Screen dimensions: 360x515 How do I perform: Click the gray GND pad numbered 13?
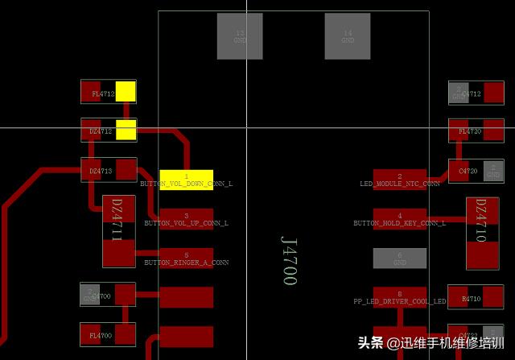point(240,36)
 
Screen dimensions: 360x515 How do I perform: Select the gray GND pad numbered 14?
point(347,36)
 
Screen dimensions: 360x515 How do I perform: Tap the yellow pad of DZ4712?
point(126,130)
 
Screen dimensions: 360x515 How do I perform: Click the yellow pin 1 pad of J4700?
point(186,179)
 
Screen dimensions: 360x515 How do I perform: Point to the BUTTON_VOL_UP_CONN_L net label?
point(186,223)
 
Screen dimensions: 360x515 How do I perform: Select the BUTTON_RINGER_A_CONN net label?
point(186,263)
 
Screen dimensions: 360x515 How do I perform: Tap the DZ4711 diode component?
point(118,231)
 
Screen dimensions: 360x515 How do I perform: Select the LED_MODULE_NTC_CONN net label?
point(399,184)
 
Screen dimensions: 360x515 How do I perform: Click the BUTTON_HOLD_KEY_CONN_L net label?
point(399,223)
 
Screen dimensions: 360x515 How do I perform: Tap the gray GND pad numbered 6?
point(399,259)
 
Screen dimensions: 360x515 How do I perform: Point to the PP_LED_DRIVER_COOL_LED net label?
point(399,301)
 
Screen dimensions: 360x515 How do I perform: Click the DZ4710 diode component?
point(482,232)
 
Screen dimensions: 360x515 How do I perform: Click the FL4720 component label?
point(470,130)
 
